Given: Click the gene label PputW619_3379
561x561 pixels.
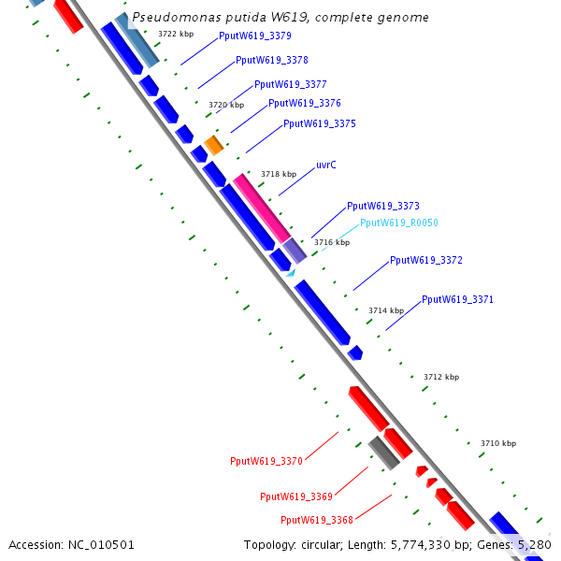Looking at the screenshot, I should [x=254, y=36].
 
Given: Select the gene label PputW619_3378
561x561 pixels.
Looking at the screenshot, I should [x=272, y=60].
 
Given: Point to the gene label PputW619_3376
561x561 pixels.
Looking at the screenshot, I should [x=305, y=104].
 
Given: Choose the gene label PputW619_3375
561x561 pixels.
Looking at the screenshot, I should [x=320, y=124].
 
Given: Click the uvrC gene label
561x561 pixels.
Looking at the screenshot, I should [x=326, y=165].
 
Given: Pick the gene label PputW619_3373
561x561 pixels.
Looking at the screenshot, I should [x=383, y=207].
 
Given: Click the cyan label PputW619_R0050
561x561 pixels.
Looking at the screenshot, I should [x=399, y=223].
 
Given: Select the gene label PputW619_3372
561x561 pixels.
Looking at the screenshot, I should [x=426, y=261].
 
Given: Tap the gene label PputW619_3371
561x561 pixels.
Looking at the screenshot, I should [x=458, y=300].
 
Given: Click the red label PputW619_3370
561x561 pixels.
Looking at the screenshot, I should [x=266, y=461].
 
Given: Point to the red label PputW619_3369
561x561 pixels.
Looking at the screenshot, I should [x=296, y=496].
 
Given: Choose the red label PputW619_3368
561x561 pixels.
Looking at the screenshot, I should [x=317, y=520].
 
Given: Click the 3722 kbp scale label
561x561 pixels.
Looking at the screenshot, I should [x=176, y=34].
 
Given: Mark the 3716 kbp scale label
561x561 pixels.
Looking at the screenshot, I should [x=332, y=242].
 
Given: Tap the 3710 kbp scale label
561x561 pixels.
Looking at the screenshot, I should [x=498, y=443].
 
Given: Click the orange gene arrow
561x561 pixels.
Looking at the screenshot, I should [x=214, y=145].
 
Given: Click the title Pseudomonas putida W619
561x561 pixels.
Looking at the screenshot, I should [x=281, y=18].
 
